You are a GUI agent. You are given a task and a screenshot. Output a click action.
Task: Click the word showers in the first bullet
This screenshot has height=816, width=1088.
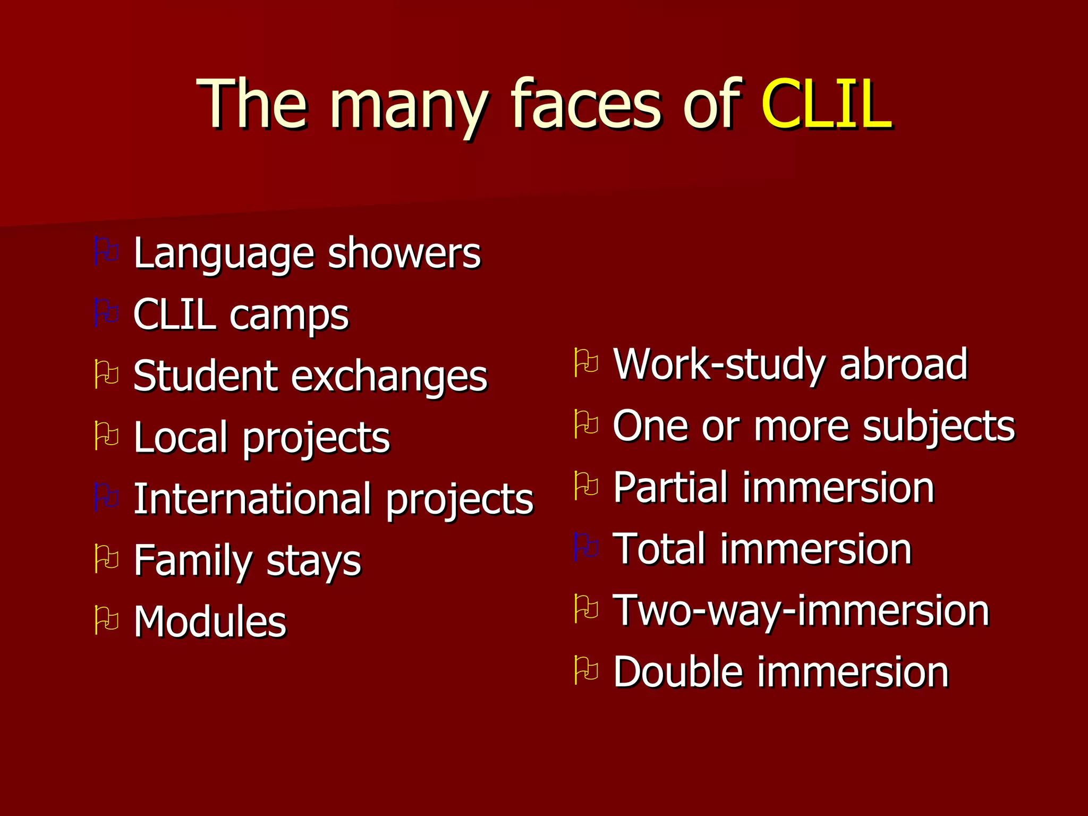pos(404,253)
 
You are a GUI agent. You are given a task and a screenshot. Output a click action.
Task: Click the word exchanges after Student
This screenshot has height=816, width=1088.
pos(389,376)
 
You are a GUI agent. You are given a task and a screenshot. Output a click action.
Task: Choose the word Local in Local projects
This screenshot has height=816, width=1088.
pos(181,437)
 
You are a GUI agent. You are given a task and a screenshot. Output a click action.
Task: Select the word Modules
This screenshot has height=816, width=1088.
pos(210,622)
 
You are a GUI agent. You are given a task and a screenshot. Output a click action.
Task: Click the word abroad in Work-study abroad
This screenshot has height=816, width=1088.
pos(903,364)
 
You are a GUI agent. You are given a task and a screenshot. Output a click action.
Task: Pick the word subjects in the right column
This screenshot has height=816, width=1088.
pos(939,427)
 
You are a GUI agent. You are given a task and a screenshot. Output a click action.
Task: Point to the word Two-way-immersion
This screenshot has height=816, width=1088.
pos(801,611)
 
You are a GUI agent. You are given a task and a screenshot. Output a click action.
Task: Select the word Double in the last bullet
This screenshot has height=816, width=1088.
pos(678,672)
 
